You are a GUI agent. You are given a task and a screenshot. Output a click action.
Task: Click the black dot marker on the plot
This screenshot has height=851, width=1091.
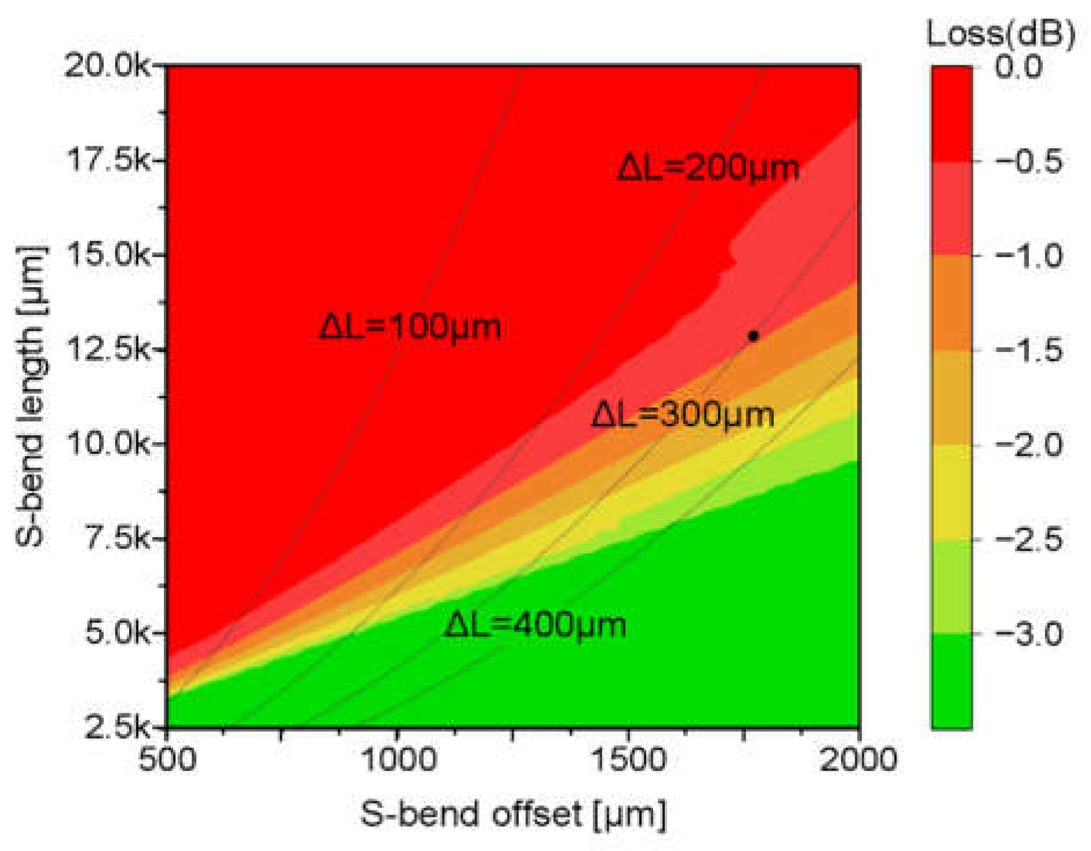(x=753, y=336)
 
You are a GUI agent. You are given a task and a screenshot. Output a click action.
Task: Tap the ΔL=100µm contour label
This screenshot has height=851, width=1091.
(x=410, y=327)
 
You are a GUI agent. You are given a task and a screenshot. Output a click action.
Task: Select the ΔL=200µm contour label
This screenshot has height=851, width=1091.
(x=708, y=168)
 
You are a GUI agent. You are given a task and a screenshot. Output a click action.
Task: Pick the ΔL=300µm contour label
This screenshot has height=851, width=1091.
(x=683, y=415)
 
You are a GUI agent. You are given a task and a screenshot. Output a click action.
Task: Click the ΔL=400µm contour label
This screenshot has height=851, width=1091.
(x=535, y=625)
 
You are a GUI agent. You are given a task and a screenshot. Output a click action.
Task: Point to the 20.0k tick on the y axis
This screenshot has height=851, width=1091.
(x=107, y=66)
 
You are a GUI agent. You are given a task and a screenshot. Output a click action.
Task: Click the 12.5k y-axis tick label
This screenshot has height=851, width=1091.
(x=107, y=349)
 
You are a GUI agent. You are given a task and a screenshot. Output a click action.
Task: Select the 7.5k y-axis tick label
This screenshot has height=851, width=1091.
(x=116, y=538)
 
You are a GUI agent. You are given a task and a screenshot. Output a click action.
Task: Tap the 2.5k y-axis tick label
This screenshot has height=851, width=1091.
(x=116, y=727)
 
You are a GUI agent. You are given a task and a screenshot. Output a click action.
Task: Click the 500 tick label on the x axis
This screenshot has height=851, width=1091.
(x=167, y=758)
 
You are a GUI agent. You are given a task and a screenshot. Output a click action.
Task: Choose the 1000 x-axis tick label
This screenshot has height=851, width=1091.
(x=398, y=758)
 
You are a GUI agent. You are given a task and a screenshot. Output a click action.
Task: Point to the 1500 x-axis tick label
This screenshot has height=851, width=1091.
(x=629, y=758)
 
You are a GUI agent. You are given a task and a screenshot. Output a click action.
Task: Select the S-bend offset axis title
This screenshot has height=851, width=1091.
(x=513, y=814)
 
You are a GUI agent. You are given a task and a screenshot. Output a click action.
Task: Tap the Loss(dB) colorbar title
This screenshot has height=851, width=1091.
(x=1001, y=34)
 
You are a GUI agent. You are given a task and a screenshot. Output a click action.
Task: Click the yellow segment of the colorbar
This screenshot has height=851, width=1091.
(x=951, y=492)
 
